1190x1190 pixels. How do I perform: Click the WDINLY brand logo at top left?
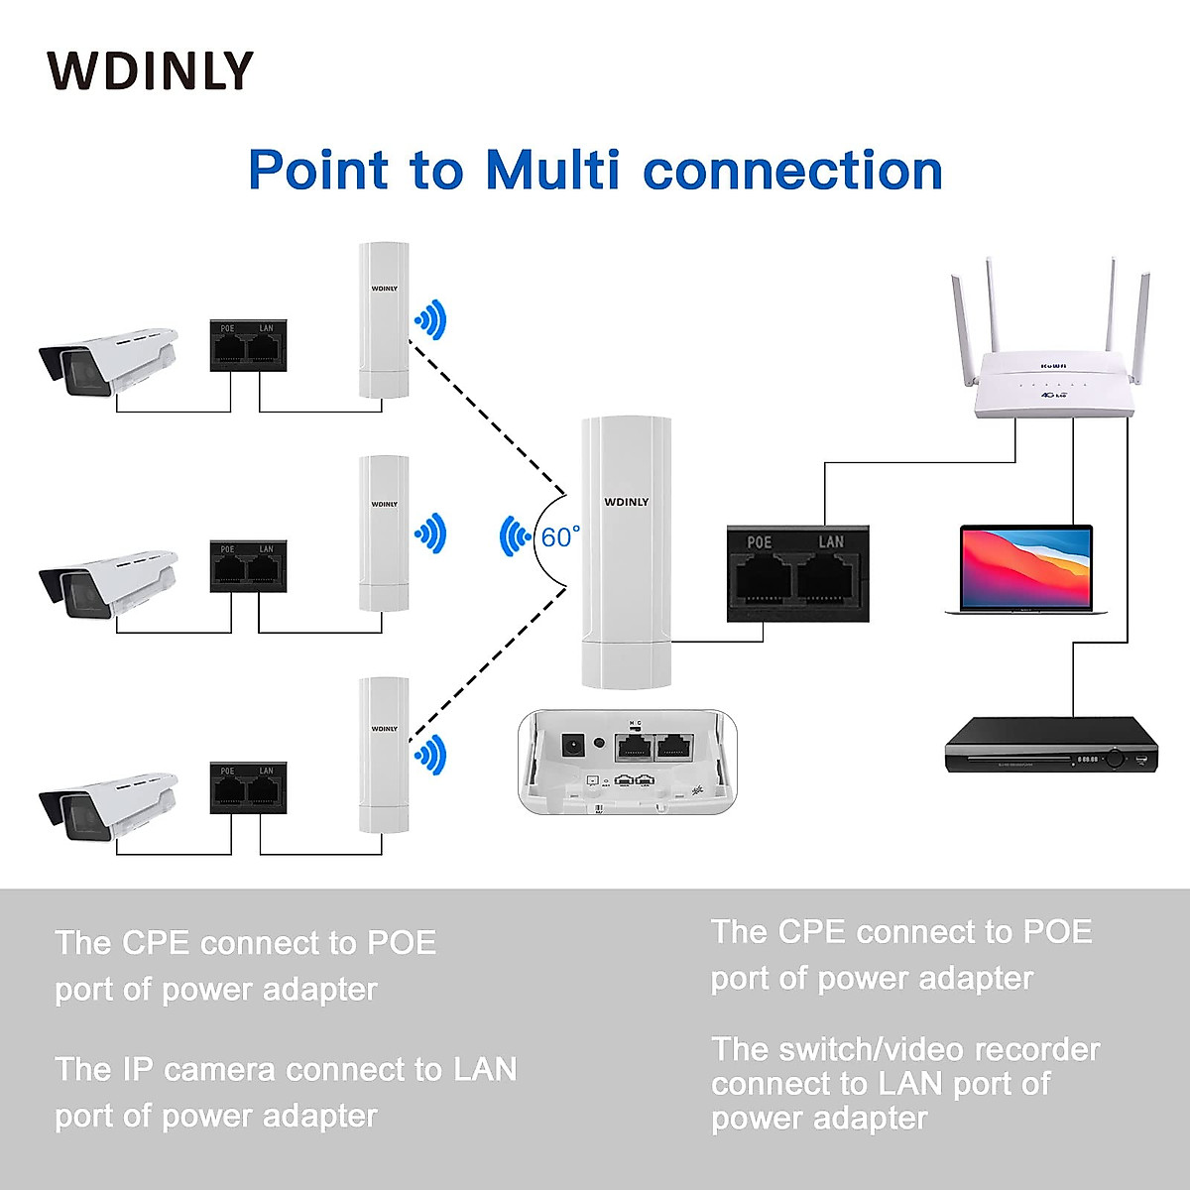pos(150,71)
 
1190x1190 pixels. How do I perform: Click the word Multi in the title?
pos(551,170)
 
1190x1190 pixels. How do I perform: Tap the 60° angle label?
pos(559,537)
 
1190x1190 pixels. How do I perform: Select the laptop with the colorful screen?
pos(1026,569)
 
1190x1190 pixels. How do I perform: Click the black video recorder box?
pos(1051,745)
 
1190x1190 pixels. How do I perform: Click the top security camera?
pos(107,359)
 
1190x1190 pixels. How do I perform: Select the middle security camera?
pos(107,582)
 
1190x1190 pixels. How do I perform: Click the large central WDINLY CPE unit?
pos(626,551)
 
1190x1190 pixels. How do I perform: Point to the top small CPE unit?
pos(384,319)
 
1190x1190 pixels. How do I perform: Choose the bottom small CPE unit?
pos(384,756)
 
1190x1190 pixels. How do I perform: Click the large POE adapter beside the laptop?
pos(798,574)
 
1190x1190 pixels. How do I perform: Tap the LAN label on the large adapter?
pos(831,542)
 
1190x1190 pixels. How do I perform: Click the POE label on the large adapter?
pos(759,542)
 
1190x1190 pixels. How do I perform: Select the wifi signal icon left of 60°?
pos(514,536)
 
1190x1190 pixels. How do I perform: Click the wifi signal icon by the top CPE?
pos(431,319)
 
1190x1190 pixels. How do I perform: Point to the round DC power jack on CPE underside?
pos(571,745)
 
